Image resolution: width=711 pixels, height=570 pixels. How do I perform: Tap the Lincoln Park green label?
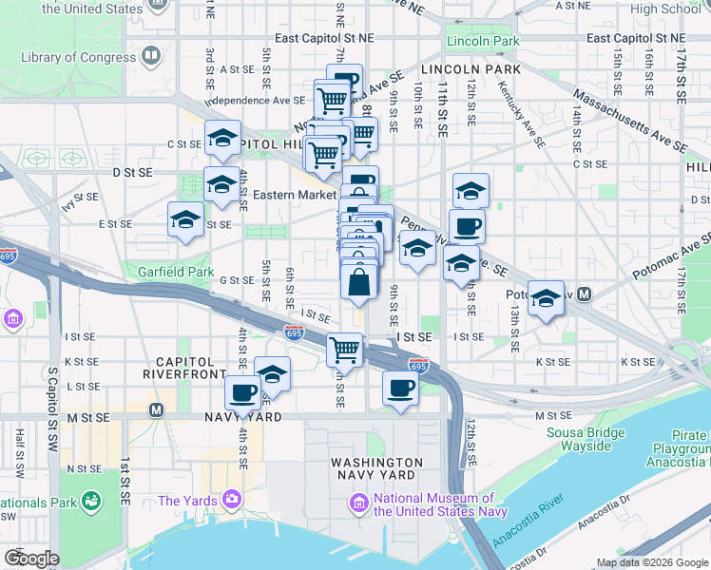click(483, 42)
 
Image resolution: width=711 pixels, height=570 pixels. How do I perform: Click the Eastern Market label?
click(295, 195)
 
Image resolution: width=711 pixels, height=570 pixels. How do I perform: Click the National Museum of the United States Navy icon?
click(360, 501)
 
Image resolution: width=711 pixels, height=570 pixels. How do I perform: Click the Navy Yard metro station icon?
click(157, 410)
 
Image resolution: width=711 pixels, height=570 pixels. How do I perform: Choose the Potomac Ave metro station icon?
click(585, 294)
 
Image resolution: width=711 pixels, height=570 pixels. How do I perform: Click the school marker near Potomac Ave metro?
click(546, 298)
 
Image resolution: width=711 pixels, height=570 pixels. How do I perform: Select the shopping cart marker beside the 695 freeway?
click(345, 349)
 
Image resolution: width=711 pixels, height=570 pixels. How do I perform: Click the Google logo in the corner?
click(31, 559)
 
